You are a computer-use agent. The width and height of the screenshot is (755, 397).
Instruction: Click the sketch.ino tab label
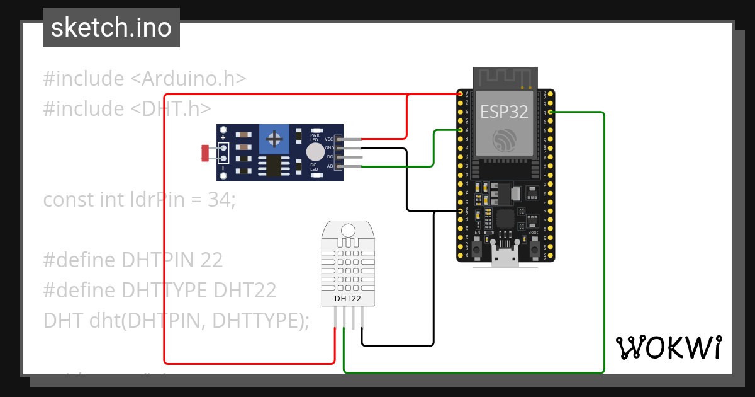(x=111, y=28)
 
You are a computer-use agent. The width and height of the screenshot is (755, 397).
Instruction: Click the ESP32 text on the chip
(x=503, y=112)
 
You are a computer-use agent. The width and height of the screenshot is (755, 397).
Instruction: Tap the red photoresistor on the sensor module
(x=205, y=152)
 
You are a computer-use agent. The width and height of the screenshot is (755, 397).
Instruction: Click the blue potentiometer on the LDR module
(x=274, y=138)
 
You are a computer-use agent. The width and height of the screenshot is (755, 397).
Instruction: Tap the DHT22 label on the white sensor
(x=347, y=298)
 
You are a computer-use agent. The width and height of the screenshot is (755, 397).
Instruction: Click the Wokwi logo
(x=668, y=347)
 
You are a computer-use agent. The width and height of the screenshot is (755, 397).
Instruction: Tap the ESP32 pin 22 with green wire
(x=551, y=112)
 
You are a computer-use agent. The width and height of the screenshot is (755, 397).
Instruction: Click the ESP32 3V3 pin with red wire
(x=461, y=94)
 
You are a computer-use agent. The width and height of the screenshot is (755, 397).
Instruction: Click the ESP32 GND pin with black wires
(x=461, y=211)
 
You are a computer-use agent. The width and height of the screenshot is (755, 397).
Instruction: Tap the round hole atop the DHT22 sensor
(x=347, y=231)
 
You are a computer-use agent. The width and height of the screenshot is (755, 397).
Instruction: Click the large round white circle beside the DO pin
(x=315, y=152)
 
